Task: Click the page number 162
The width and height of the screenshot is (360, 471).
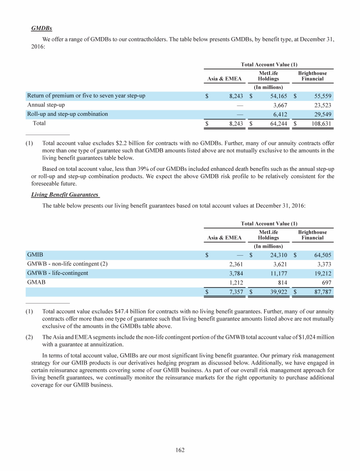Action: click(180, 450)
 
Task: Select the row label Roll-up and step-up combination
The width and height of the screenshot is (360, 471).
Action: click(67, 114)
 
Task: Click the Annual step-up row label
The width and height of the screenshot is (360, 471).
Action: click(46, 105)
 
